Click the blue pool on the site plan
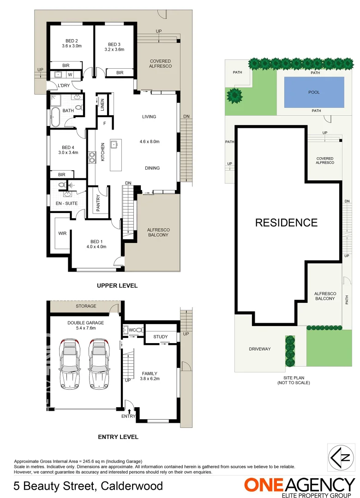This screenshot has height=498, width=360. pos(314,92)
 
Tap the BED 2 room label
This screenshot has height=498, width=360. pos(72,40)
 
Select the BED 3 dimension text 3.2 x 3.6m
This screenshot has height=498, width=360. pos(114,49)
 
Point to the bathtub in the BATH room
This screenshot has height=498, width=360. pos(56,117)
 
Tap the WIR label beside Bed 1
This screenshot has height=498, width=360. pos(62,233)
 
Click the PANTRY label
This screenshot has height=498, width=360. pos(98,203)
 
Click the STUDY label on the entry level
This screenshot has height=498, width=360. pos(161,337)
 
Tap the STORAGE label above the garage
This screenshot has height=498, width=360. pos(86,306)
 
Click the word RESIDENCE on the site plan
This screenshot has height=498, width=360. pos(286,223)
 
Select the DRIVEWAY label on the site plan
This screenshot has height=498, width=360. pos(260,349)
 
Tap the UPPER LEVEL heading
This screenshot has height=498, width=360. pos(117,286)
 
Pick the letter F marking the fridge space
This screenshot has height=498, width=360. pos(104,123)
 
